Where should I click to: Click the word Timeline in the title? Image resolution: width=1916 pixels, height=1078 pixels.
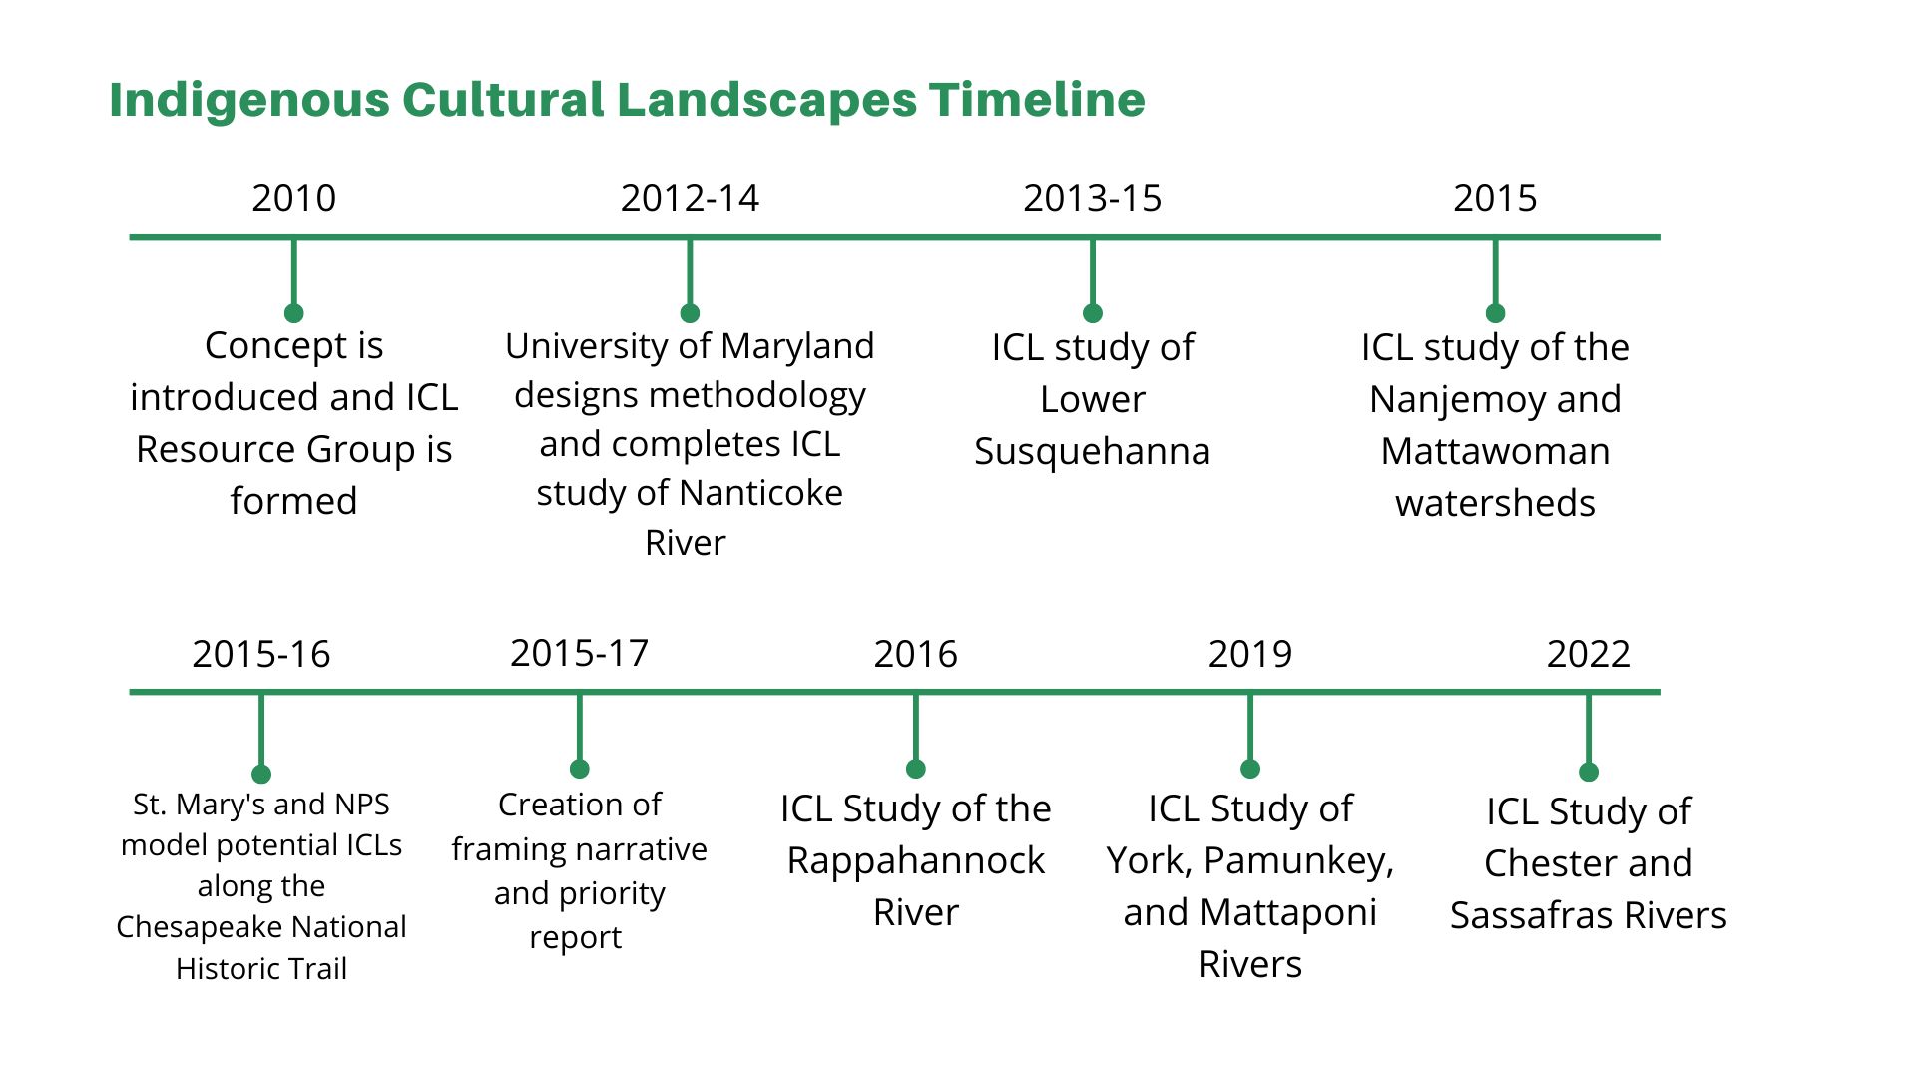[1037, 100]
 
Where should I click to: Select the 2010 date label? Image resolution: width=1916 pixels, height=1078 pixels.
[293, 198]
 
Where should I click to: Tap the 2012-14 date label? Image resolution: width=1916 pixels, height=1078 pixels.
[690, 198]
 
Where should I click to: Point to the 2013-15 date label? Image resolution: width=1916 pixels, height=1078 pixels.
[1092, 198]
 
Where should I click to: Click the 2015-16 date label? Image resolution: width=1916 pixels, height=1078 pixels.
[260, 654]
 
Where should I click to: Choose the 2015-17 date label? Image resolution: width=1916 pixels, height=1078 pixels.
[579, 653]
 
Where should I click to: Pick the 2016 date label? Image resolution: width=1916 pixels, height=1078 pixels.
[915, 654]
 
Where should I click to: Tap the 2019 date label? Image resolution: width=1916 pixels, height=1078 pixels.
[1249, 654]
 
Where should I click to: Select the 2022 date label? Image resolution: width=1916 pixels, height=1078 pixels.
[1588, 654]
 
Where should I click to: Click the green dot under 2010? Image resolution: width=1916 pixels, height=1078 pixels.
[293, 313]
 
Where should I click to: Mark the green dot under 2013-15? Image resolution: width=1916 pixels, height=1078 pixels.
[1093, 313]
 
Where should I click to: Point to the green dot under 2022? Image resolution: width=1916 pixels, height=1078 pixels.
[1589, 772]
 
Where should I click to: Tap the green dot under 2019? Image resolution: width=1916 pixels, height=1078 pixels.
[1250, 769]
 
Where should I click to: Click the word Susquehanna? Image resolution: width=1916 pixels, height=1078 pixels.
[1092, 451]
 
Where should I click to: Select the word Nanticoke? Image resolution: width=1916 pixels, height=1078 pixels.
[760, 493]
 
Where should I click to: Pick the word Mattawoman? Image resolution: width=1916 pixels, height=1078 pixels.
[1495, 451]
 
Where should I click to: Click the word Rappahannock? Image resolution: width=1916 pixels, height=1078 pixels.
[915, 860]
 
